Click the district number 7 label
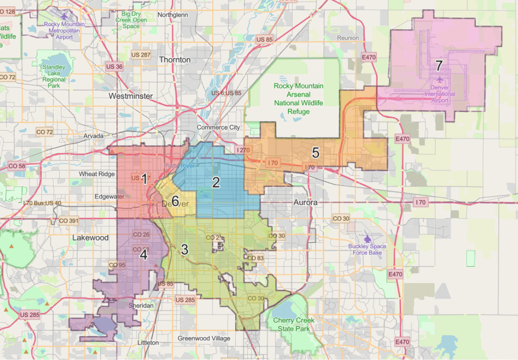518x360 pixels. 439,65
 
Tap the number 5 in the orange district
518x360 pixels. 316,153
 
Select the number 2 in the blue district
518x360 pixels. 216,182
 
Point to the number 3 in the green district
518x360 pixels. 185,250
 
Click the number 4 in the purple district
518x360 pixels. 144,255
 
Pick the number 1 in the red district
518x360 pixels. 144,178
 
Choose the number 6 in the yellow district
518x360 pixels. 175,201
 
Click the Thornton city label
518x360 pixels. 175,60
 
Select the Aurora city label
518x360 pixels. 306,202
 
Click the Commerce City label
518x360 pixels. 219,128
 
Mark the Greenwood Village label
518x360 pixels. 204,338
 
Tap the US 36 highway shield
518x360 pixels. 114,66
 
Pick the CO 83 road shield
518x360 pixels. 255,258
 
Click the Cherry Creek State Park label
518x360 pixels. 294,324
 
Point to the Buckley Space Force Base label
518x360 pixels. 367,250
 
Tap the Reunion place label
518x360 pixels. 348,38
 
